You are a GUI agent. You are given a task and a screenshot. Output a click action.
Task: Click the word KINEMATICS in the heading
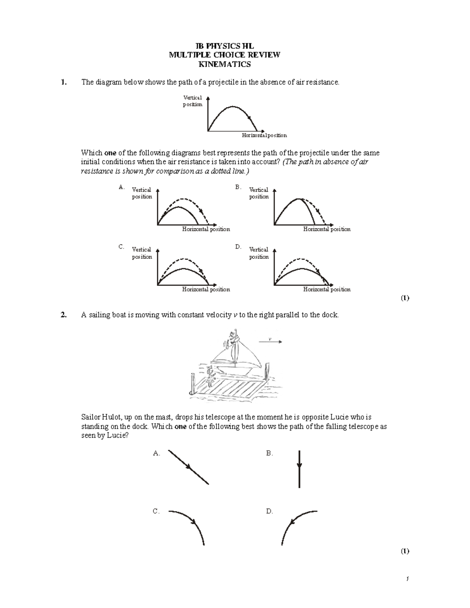(x=224, y=64)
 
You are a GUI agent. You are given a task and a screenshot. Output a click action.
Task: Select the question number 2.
(x=63, y=315)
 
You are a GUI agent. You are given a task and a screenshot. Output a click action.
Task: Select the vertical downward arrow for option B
(x=299, y=469)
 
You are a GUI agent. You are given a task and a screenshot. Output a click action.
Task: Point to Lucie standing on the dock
(x=211, y=376)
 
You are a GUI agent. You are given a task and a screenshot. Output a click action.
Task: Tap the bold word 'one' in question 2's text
(x=180, y=426)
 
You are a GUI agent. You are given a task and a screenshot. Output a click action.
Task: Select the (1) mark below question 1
(x=405, y=298)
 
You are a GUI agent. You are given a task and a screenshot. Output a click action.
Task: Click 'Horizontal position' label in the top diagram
(x=264, y=135)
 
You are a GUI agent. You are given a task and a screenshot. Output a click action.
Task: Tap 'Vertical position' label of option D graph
(x=259, y=253)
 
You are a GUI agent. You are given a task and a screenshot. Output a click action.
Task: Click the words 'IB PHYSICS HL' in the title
(x=224, y=46)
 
